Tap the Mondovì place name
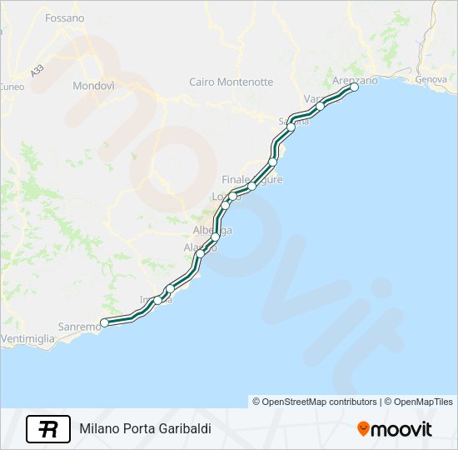click(93, 86)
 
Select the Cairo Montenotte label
click(231, 82)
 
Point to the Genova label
click(431, 79)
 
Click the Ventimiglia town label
click(27, 339)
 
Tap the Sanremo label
click(79, 327)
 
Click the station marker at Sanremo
click(104, 322)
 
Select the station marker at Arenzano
click(354, 87)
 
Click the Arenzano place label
click(354, 80)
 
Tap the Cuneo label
click(12, 86)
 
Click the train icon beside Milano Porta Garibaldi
click(48, 428)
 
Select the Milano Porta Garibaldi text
click(145, 428)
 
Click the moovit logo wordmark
click(401, 429)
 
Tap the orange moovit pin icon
click(363, 428)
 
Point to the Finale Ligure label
click(251, 179)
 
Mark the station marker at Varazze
click(320, 106)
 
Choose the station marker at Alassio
click(200, 253)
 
